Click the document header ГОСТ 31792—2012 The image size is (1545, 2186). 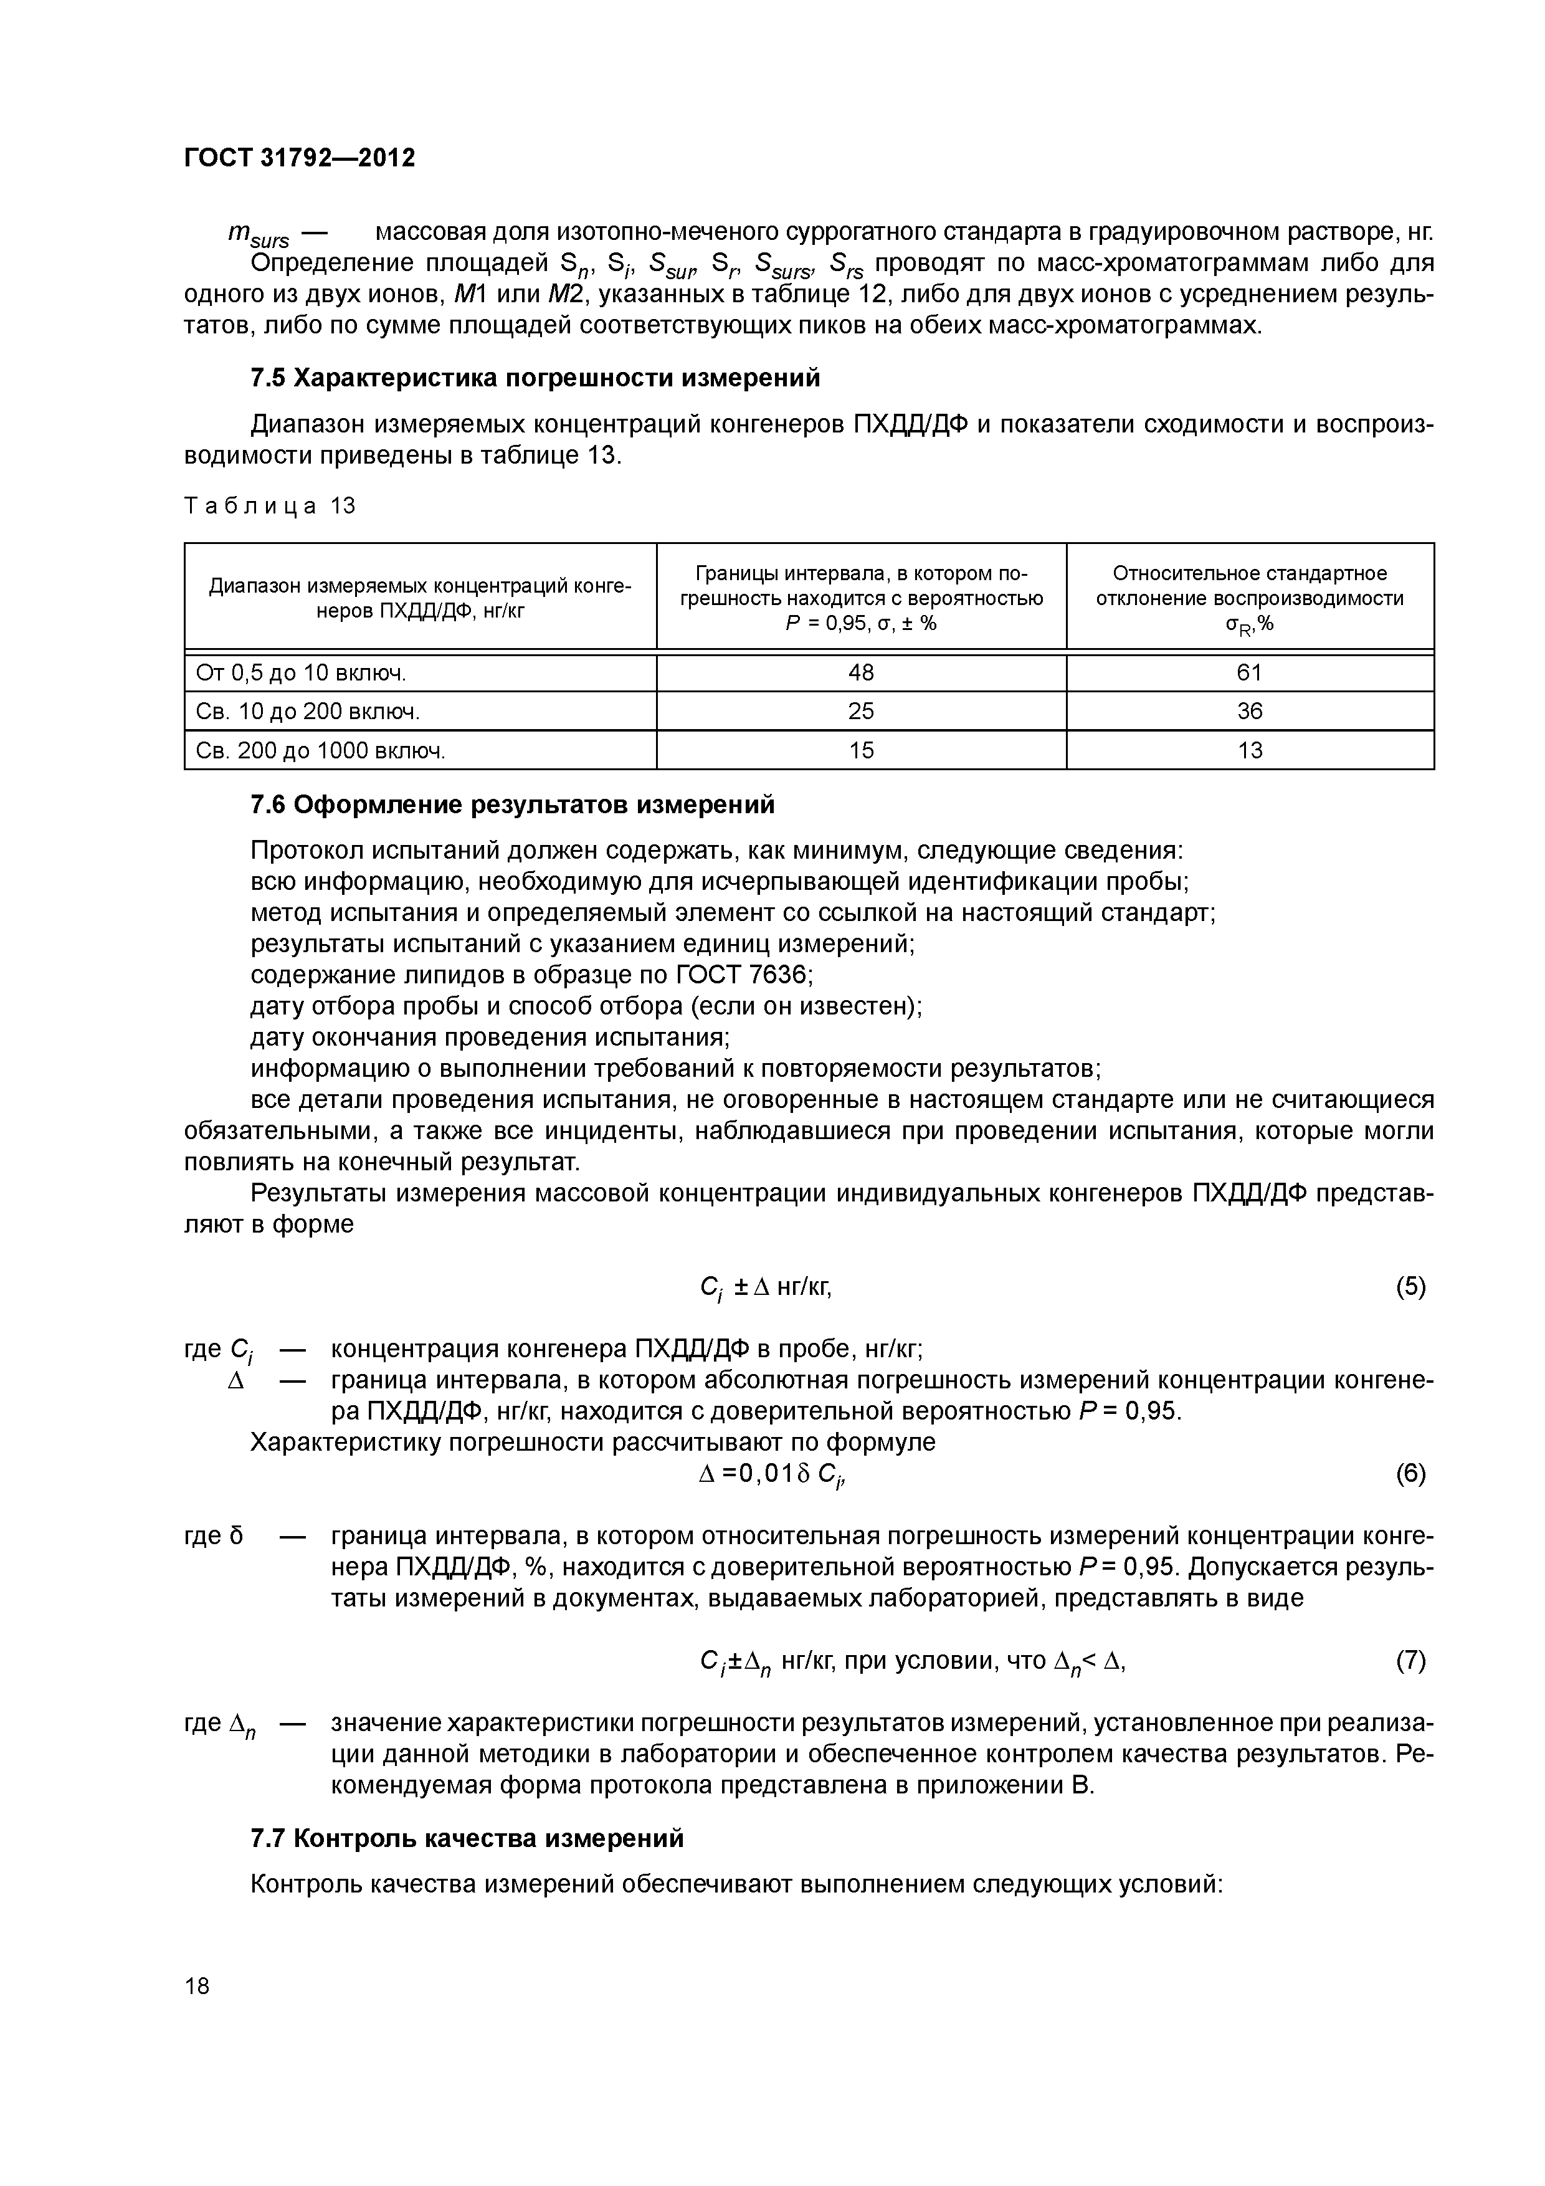[299, 158]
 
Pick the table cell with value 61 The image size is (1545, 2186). [1249, 673]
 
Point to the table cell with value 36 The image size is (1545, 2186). [1249, 711]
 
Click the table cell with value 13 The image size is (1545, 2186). [1249, 750]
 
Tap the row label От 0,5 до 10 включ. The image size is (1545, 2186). [301, 673]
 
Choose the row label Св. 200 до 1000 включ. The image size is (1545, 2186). [321, 751]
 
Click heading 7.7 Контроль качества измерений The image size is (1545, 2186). [467, 1838]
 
